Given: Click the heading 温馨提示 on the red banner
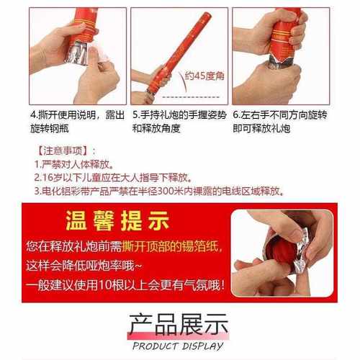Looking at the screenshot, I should (x=117, y=218).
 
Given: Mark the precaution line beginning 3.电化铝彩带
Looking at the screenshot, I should (x=158, y=192).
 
